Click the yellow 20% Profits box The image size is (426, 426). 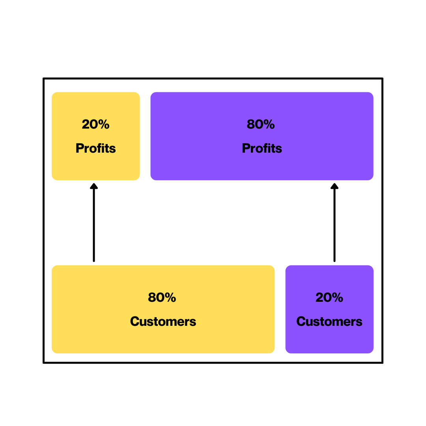tap(96, 166)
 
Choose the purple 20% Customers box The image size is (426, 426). tap(329, 339)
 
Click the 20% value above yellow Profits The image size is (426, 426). tap(95, 124)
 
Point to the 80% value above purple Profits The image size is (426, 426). tap(260, 124)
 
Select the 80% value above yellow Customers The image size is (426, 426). tap(162, 297)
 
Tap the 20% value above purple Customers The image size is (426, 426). tap(329, 297)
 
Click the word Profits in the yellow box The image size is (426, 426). tap(96, 148)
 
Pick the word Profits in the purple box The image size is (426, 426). tap(262, 148)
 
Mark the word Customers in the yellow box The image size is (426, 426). tap(163, 321)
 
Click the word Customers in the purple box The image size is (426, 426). tap(329, 321)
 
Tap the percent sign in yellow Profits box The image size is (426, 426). tap(104, 124)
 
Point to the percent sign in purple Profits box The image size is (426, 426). tap(269, 124)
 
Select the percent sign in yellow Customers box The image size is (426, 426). tap(170, 297)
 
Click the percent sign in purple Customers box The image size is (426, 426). tap(337, 297)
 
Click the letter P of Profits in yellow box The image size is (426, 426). tap(79, 148)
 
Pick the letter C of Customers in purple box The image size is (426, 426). tap(301, 321)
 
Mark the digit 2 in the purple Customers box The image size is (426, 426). tap(319, 297)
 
